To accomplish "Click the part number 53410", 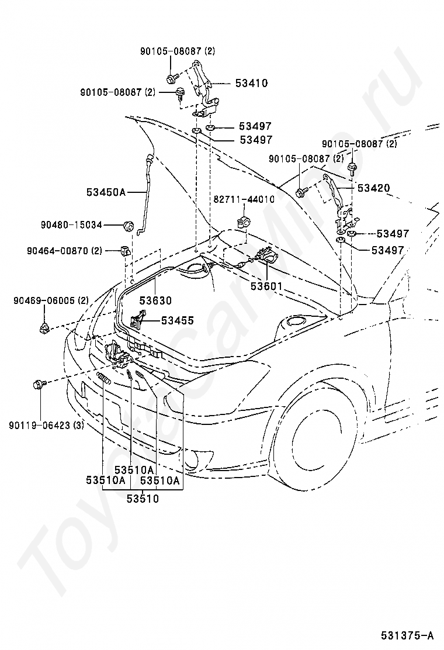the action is coord(251,83).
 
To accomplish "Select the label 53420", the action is coord(373,188).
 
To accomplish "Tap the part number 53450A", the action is coord(106,192).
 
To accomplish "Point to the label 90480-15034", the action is coord(71,224).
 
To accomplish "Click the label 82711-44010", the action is coord(244,199).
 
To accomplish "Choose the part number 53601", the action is coord(266,286).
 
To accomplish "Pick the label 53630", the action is coord(155,300).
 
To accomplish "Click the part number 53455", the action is coord(177,320).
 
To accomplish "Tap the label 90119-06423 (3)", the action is coord(46,425).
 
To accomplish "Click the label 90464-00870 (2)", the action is coord(65,250).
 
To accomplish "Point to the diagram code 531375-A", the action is coord(408,635).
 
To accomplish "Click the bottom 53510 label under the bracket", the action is coord(143,498).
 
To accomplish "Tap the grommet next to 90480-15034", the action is coord(129,226).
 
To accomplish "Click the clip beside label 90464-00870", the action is coord(125,251).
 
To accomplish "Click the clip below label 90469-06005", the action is coord(43,329).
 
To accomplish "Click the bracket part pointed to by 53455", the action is coord(137,320).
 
